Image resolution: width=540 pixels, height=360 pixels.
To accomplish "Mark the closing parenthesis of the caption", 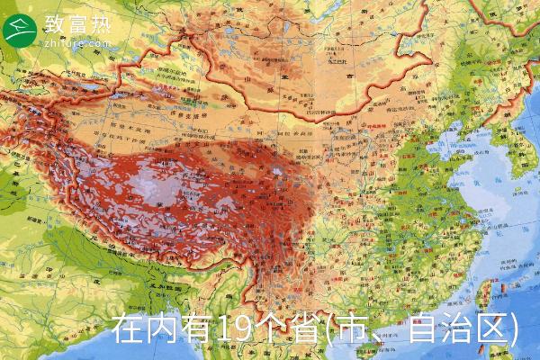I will click(513, 329).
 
